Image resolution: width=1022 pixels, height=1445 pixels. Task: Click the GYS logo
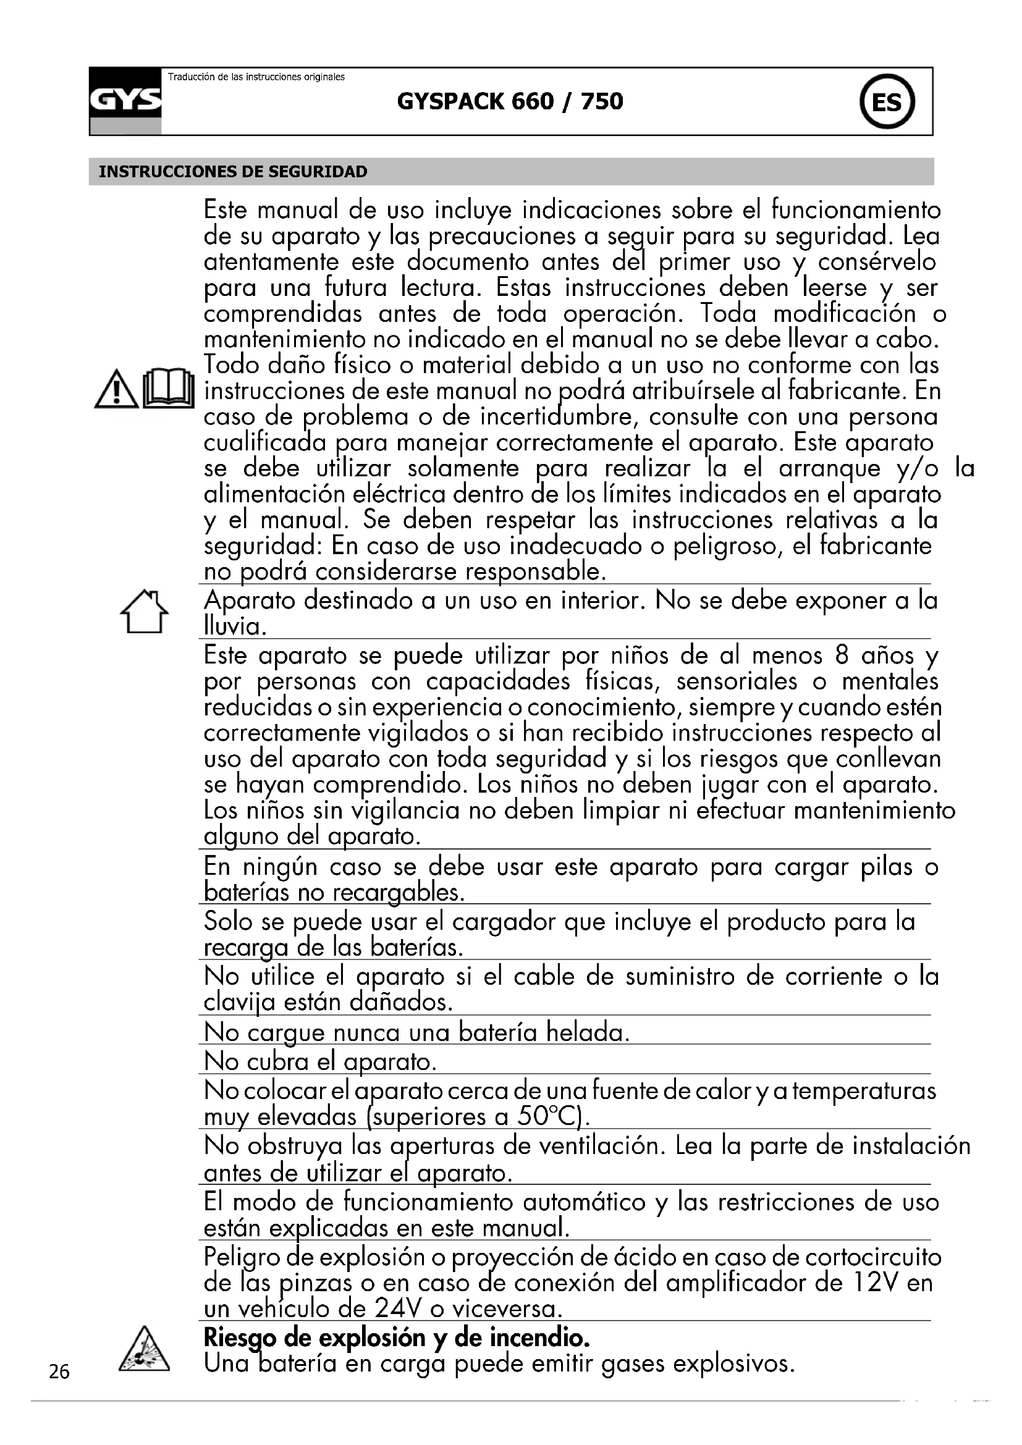125,101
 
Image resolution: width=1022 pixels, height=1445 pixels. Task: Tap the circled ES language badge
887,102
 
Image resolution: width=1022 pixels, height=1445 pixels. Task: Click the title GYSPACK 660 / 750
510,101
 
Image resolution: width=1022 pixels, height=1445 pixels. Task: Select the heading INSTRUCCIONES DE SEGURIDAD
233,172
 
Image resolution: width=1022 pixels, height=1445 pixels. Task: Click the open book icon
168,390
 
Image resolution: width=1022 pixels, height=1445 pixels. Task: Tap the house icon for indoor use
144,611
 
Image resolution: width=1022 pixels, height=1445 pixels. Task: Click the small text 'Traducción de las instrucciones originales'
256,77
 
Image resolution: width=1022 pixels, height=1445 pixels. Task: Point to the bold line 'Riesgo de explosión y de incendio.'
397,1338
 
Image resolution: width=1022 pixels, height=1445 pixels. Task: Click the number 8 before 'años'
843,657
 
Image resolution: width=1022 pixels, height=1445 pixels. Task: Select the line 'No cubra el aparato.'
320,1062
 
